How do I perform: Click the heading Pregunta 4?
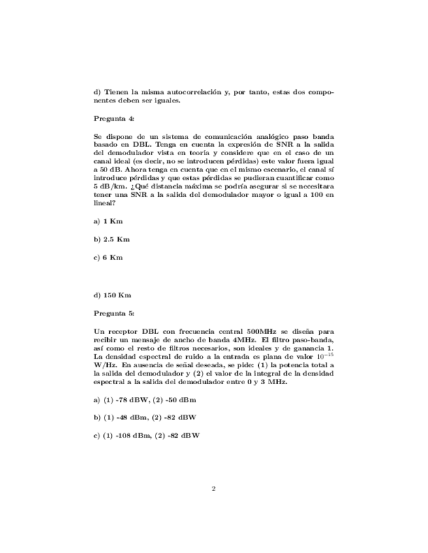click(x=114, y=119)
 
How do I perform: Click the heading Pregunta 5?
click(x=114, y=313)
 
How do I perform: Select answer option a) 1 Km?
click(x=108, y=221)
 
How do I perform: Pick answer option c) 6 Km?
click(x=108, y=258)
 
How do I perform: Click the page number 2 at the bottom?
click(x=214, y=488)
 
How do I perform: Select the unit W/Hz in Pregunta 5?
click(x=105, y=366)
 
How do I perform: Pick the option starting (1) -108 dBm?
click(x=147, y=435)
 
